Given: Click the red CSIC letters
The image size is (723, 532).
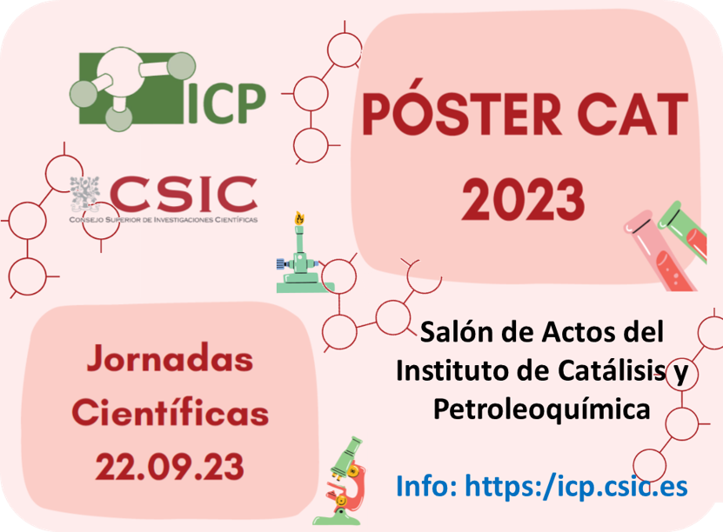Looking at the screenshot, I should pos(184,193).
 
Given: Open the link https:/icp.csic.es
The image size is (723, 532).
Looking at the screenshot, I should pos(577,486).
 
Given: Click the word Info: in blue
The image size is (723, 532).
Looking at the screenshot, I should pos(426,486).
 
